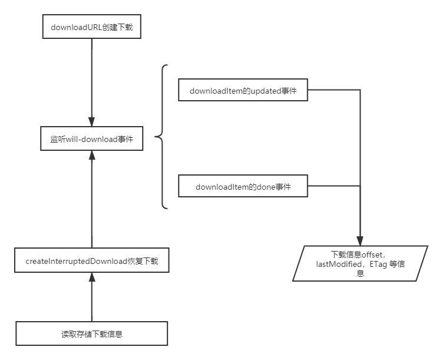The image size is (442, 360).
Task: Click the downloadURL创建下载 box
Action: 92,27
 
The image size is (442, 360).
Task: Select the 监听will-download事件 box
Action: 92,138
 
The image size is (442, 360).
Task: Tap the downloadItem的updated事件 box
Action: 243,91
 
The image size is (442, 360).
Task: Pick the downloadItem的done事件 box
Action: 243,187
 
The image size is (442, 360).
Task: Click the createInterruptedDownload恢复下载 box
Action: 92,260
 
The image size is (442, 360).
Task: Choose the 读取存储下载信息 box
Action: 92,333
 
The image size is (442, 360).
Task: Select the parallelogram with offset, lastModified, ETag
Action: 360,263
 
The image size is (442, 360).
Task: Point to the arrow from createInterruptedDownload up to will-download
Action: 92,200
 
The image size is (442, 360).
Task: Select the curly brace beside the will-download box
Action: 161,137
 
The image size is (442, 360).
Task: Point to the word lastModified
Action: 341,264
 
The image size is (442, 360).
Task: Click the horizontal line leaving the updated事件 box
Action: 334,90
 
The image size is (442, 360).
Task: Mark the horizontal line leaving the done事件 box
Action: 334,186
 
